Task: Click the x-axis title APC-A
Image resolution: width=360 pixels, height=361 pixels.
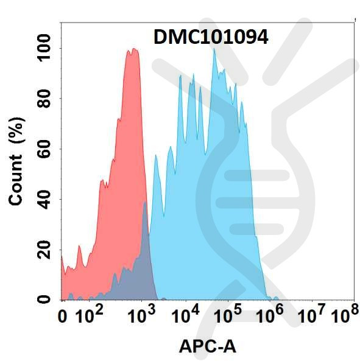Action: point(207,346)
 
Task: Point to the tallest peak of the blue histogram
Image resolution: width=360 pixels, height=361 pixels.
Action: point(214,50)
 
